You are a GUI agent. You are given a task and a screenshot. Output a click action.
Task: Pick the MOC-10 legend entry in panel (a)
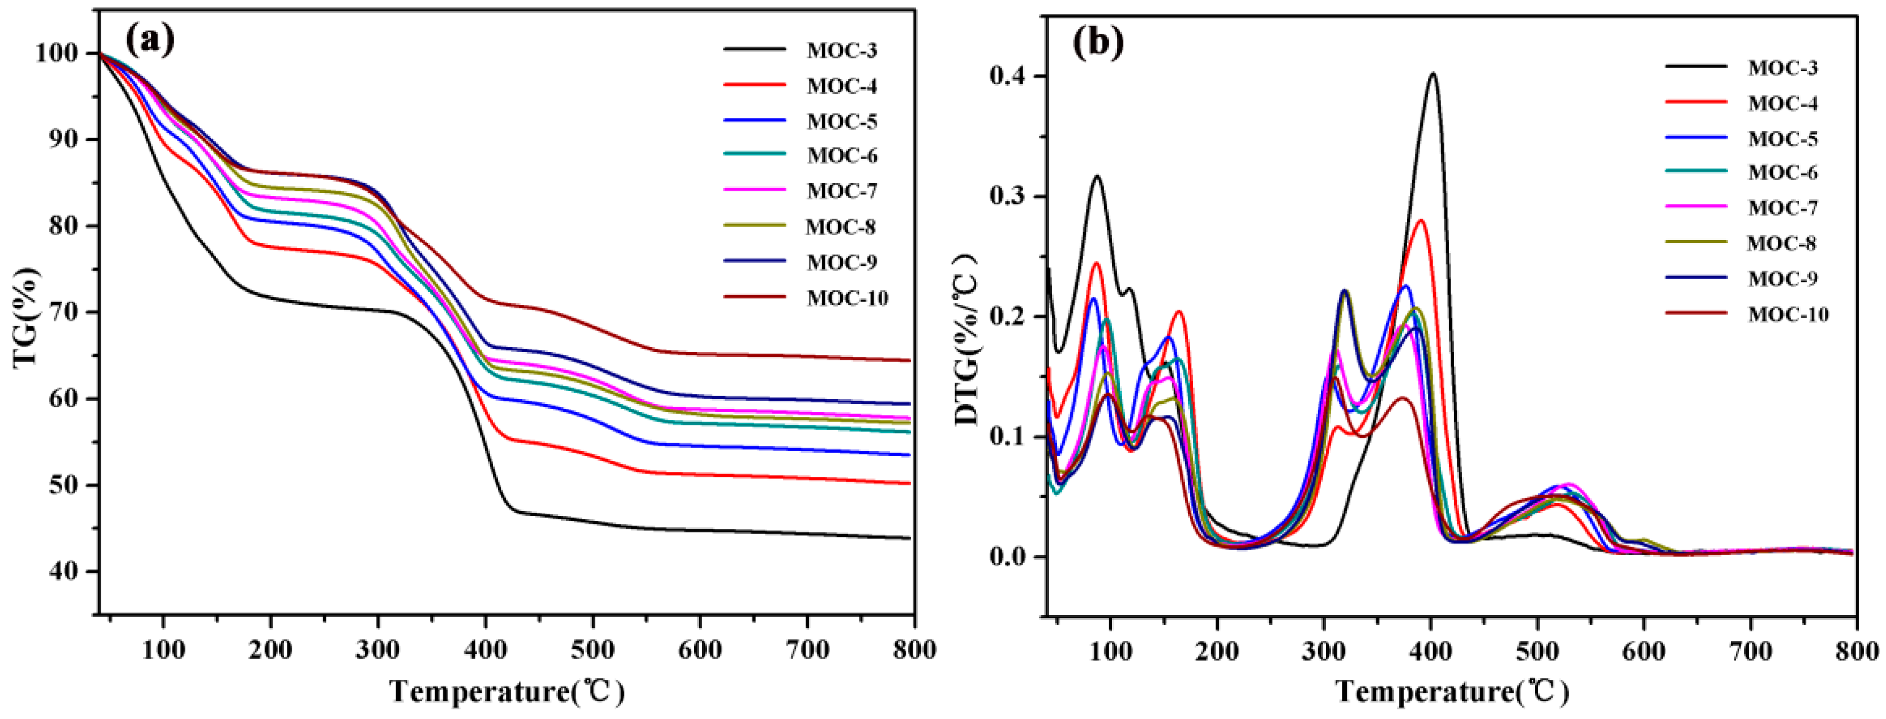coord(847,298)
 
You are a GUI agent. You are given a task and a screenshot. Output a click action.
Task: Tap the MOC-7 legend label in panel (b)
coord(1782,208)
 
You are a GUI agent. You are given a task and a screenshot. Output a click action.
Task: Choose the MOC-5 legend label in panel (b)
coord(1782,138)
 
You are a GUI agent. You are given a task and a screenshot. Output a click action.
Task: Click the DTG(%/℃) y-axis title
coord(968,339)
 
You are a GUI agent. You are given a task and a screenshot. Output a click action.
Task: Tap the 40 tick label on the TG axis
coord(64,571)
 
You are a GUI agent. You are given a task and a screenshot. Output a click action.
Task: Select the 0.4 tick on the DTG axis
coord(1010,77)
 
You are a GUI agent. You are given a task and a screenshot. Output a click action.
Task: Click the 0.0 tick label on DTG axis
coord(1010,558)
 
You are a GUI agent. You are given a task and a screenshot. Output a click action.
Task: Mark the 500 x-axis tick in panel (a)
coord(592,649)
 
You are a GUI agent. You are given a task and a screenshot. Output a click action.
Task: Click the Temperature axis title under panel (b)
coord(1452,691)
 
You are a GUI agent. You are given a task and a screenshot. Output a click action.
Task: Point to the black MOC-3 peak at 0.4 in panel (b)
coord(1432,74)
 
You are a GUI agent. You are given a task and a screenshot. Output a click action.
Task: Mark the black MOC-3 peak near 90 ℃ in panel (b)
coord(1097,176)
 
